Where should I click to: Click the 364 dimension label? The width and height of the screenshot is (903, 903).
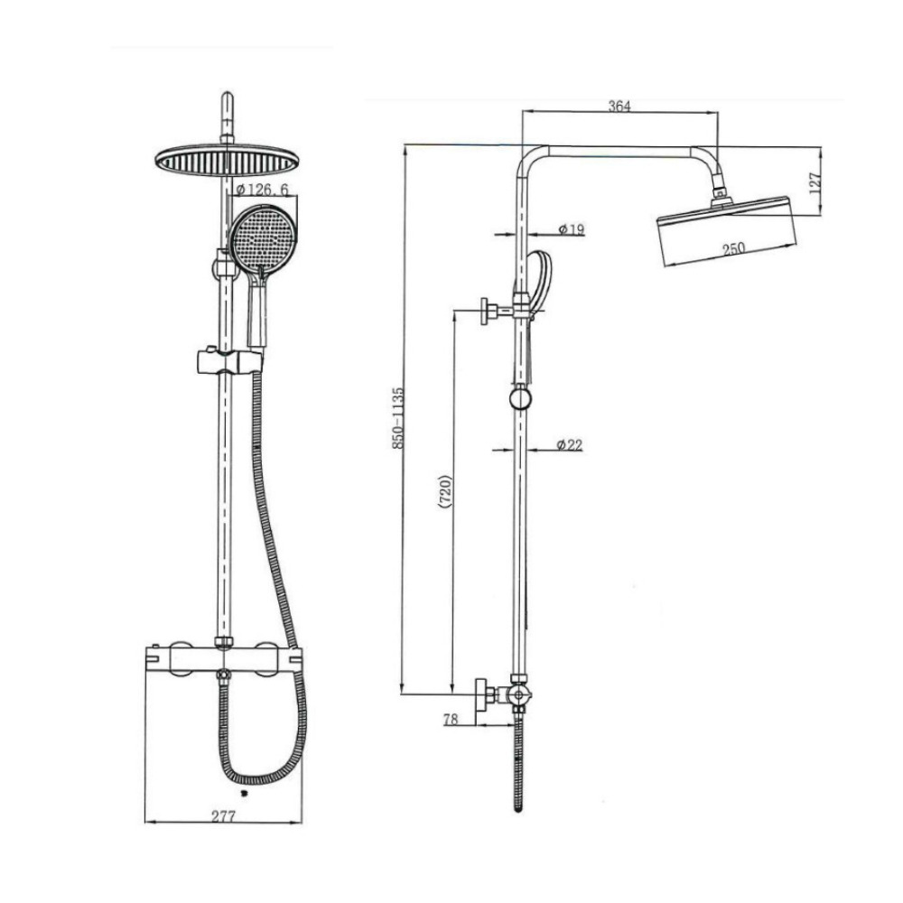pos(619,106)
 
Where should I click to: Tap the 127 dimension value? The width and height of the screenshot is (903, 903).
pos(815,183)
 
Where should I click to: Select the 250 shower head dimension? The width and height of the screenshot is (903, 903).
pos(733,248)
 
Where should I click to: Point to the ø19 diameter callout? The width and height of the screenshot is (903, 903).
pos(572,229)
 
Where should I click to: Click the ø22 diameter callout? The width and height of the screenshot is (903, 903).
pos(570,444)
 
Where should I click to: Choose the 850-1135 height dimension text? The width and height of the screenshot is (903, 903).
pos(398,418)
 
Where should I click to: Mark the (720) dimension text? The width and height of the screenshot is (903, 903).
pos(445,492)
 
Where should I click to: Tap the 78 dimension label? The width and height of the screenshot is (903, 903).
pos(451,720)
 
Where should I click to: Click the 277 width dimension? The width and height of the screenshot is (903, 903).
pos(223,816)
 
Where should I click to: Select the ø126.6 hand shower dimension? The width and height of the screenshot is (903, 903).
pos(263,189)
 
